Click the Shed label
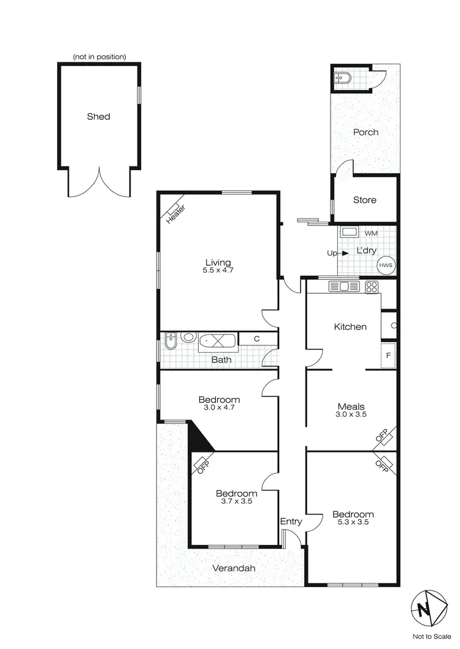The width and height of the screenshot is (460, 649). click(x=98, y=116)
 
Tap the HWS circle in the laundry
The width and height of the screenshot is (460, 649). click(x=386, y=265)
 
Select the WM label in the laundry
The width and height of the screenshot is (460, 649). click(x=371, y=234)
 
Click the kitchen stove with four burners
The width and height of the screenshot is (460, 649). click(x=371, y=286)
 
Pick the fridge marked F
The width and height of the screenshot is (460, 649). click(x=388, y=355)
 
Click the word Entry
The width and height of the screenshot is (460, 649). click(x=291, y=522)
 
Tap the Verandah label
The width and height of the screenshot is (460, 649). click(x=234, y=568)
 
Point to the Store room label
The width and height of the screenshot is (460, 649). click(x=364, y=200)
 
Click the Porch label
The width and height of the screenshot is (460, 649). click(x=366, y=132)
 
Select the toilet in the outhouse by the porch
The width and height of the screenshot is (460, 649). click(x=342, y=79)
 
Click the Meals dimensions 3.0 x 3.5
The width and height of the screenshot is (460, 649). click(x=351, y=415)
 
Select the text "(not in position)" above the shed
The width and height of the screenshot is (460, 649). click(x=99, y=57)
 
